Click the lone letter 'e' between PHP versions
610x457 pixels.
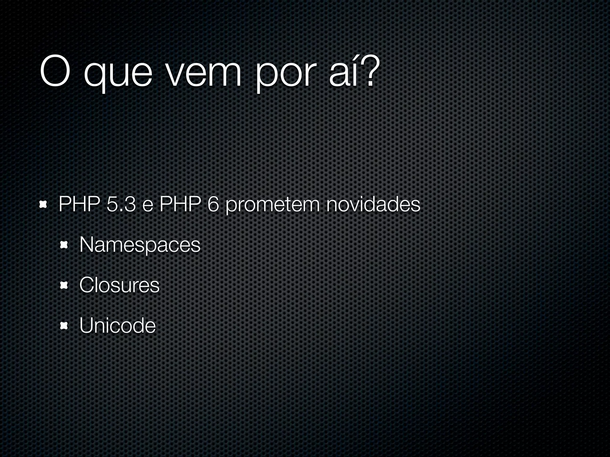(147, 206)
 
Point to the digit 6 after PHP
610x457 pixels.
(213, 204)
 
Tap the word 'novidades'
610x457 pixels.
(373, 204)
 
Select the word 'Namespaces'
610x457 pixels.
(140, 245)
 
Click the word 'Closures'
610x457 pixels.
(119, 285)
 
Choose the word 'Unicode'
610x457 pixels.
(117, 325)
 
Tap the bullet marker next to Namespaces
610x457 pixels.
(64, 245)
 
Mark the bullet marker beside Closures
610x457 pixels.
(64, 286)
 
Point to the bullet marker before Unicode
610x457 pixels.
(64, 326)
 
